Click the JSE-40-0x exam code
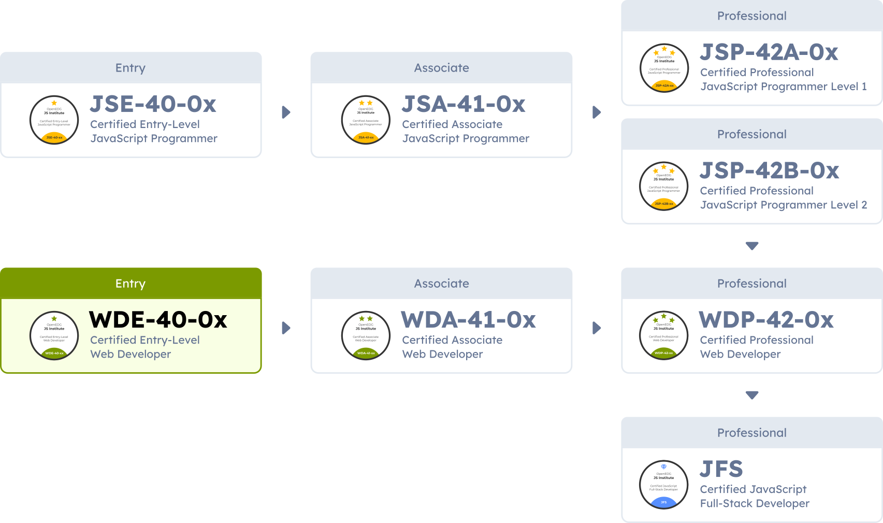tap(153, 104)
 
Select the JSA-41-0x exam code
tap(464, 104)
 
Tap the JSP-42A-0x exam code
tap(769, 52)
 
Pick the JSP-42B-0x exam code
tap(770, 171)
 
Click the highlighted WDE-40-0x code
tap(158, 320)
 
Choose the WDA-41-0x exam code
tap(469, 320)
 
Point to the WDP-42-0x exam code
tap(766, 320)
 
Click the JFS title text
tap(721, 469)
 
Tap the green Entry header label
tap(131, 284)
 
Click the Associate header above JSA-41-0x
tap(441, 68)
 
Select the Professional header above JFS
tap(751, 433)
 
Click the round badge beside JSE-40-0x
tap(54, 120)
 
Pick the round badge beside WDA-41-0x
tap(366, 336)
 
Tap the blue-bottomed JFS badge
tap(664, 485)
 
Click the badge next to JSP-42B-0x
tap(664, 187)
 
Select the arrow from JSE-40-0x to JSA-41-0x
tap(286, 112)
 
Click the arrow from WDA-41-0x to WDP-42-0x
tap(597, 328)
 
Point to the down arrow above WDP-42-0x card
tap(752, 246)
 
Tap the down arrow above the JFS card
tap(752, 395)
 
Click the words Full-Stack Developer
tap(755, 503)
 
